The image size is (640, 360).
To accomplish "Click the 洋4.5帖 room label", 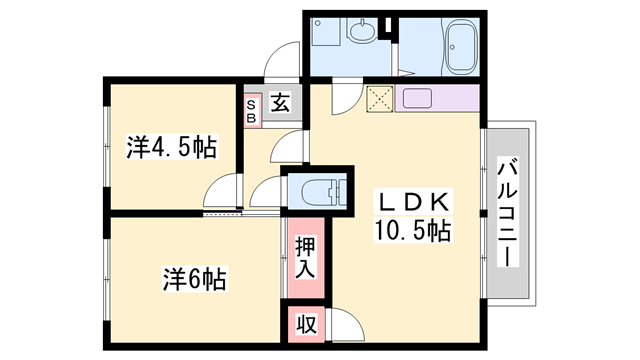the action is [171, 147].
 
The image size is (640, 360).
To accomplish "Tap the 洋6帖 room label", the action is [195, 279].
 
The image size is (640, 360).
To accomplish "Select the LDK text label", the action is [413, 202].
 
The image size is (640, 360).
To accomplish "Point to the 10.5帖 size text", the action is [413, 231].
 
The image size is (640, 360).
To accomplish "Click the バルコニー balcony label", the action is [508, 212].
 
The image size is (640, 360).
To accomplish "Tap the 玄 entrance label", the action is [281, 102].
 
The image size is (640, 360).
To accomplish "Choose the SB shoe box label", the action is [251, 111].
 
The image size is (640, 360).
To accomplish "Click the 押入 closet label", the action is [305, 257].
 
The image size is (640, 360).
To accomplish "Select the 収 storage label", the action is [306, 325].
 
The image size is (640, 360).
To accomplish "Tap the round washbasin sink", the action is [362, 31].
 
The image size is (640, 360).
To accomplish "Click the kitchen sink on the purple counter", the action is [418, 98].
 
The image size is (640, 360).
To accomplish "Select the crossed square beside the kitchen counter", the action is [380, 98].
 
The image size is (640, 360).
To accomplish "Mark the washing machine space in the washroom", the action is [325, 32].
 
